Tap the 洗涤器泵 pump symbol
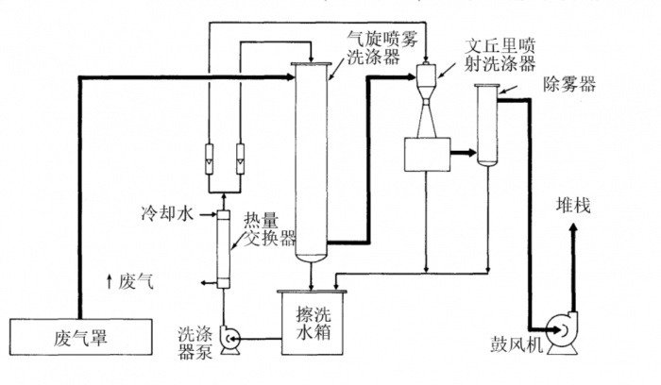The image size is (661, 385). tap(229, 338)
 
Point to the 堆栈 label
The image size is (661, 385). tap(572, 206)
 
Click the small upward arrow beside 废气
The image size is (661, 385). tap(110, 279)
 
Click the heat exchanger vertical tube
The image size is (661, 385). tap(224, 249)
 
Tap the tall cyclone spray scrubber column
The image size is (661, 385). tap(313, 160)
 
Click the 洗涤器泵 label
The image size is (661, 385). tap(195, 338)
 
